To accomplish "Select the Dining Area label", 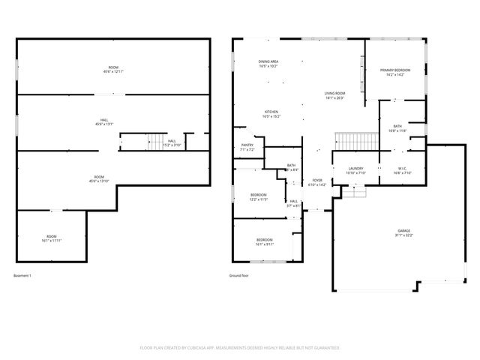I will point(268,64).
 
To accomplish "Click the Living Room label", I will point(334,95).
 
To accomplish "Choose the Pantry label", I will point(247,148).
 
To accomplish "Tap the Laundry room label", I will point(356,170).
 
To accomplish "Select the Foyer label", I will point(318,182).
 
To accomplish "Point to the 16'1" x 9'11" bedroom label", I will point(265,241).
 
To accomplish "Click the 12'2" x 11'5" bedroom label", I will point(259,198).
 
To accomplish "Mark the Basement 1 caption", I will point(22,276).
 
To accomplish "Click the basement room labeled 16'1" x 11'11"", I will point(52,238).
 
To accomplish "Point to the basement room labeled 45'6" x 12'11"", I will point(112,70).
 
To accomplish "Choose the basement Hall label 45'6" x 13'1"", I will point(105,121).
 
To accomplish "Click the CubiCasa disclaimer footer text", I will point(240,348).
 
